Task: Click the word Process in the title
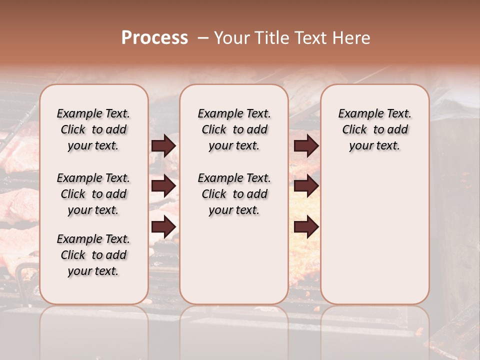pyautogui.click(x=154, y=38)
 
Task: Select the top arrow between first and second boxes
pyautogui.click(x=163, y=145)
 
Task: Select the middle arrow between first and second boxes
pyautogui.click(x=163, y=186)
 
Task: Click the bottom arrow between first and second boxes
pyautogui.click(x=163, y=227)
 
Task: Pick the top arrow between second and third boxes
pyautogui.click(x=306, y=145)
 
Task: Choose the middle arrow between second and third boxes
pyautogui.click(x=306, y=186)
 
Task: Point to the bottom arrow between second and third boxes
pyautogui.click(x=306, y=227)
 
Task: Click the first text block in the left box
pyautogui.click(x=93, y=129)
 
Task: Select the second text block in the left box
pyautogui.click(x=93, y=194)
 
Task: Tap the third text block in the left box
pyautogui.click(x=93, y=255)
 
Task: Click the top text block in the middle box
pyautogui.click(x=234, y=129)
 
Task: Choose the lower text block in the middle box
pyautogui.click(x=234, y=194)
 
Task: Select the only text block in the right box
pyautogui.click(x=374, y=129)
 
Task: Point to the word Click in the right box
pyautogui.click(x=354, y=130)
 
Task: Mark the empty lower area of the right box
pyautogui.click(x=374, y=230)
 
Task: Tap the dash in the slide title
pyautogui.click(x=203, y=38)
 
